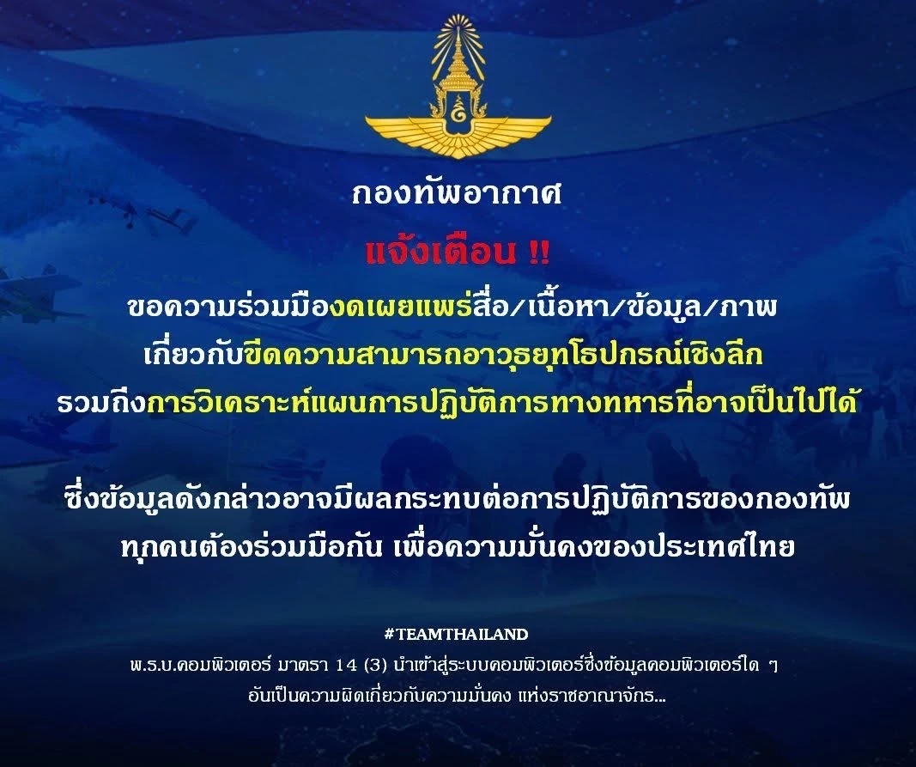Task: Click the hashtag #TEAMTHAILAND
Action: [x=457, y=635]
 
